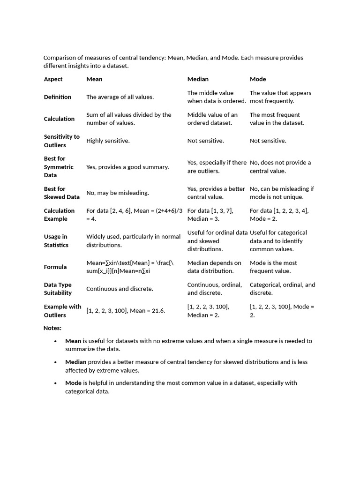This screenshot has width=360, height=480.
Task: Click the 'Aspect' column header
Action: [53, 79]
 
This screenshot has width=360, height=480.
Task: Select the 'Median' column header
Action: [198, 79]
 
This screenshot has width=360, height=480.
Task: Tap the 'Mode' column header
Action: [258, 79]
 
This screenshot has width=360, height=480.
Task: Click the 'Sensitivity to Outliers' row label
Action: [61, 141]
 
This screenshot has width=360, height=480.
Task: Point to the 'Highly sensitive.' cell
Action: [108, 141]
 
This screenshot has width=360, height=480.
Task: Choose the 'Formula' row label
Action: [55, 267]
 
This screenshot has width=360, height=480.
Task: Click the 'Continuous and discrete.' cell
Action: [120, 289]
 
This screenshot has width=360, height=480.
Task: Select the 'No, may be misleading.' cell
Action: [118, 193]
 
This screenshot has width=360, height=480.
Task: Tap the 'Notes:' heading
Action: [52, 328]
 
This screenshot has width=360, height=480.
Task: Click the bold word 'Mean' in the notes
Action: [73, 341]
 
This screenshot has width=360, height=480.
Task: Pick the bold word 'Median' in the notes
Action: [75, 362]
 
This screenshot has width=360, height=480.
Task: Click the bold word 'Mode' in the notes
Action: [73, 383]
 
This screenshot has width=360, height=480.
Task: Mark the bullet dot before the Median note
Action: [56, 362]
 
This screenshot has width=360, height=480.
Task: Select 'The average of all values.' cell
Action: [120, 97]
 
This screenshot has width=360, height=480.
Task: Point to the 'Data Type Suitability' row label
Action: [58, 289]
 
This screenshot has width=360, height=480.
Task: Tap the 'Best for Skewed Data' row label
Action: [61, 193]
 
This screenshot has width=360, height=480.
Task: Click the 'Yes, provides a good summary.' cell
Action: [127, 167]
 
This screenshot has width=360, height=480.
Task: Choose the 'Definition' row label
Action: [58, 97]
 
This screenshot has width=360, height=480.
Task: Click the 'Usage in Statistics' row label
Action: [56, 241]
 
